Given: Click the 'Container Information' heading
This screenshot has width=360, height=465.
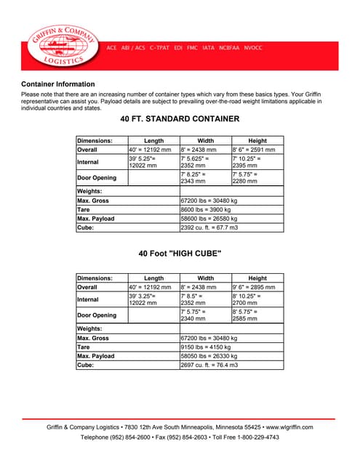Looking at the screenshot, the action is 58,84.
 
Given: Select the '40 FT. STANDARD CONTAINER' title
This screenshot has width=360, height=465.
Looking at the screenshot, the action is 179,119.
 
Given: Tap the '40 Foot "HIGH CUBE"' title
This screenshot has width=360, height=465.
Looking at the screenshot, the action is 180,254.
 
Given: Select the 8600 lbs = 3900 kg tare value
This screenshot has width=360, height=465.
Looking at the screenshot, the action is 205,209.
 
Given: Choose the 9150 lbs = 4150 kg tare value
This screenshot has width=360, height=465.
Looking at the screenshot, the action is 205,347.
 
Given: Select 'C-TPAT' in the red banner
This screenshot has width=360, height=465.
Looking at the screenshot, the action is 161,48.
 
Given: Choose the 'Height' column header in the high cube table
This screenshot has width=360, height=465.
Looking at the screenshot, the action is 257,278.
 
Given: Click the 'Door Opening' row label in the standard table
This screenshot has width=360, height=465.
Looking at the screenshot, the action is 97,177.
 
